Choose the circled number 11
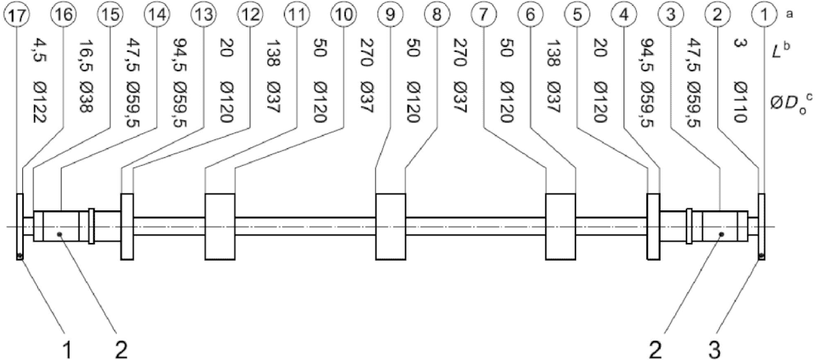coord(295,13)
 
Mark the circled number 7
coord(505,13)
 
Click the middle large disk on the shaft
coord(390,227)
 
